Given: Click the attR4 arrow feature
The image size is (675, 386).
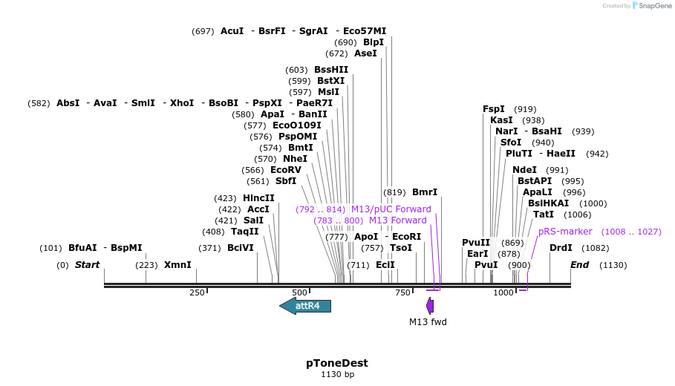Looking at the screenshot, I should pyautogui.click(x=305, y=306).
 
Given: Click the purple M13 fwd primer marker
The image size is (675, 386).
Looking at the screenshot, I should pyautogui.click(x=430, y=305).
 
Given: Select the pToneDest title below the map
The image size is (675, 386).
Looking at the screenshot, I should pyautogui.click(x=337, y=363).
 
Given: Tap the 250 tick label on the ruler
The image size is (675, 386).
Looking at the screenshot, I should pyautogui.click(x=197, y=293).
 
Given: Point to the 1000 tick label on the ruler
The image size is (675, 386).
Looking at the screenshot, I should pyautogui.click(x=503, y=293).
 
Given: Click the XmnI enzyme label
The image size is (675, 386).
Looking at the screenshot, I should pyautogui.click(x=177, y=265).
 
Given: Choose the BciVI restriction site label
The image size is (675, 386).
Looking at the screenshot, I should pyautogui.click(x=241, y=247).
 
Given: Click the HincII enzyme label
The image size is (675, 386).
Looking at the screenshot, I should pyautogui.click(x=258, y=198).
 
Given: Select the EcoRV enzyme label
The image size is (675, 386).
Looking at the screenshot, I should pyautogui.click(x=286, y=169).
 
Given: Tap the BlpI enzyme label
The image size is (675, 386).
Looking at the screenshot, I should pyautogui.click(x=374, y=42).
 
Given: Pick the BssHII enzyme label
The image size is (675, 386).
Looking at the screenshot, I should pyautogui.click(x=331, y=70).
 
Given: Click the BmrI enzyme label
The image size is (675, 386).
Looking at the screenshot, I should pyautogui.click(x=425, y=192).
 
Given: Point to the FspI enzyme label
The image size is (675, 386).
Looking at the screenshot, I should pyautogui.click(x=494, y=109).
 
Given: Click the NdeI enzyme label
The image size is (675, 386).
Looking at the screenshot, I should pyautogui.click(x=524, y=170).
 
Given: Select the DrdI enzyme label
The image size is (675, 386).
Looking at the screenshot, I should pyautogui.click(x=561, y=247).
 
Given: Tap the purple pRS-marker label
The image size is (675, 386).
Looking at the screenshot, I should pyautogui.click(x=565, y=232).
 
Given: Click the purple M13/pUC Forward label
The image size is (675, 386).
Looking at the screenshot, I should pyautogui.click(x=391, y=209).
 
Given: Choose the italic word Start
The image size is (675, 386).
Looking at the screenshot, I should pyautogui.click(x=87, y=265).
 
